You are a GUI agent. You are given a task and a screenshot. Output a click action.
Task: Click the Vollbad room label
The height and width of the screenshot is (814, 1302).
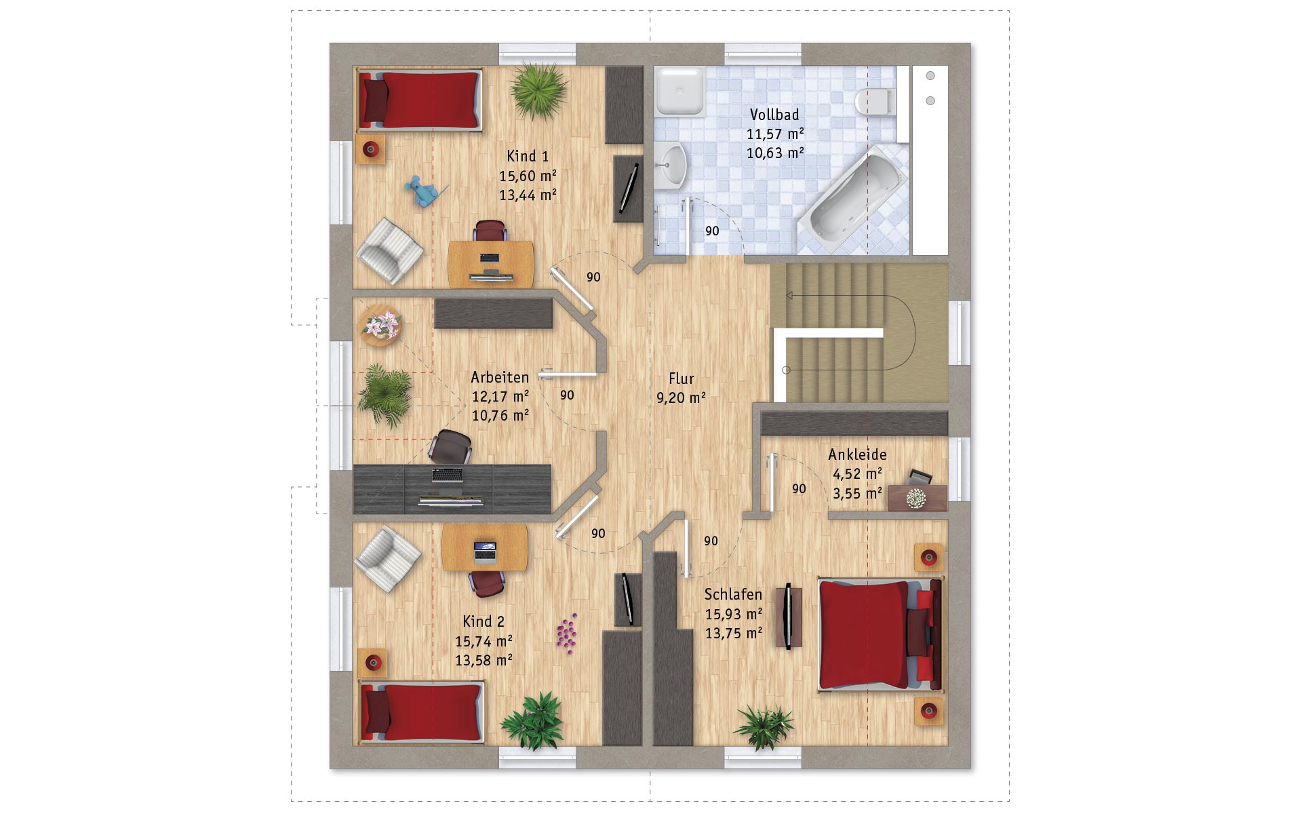pyautogui.click(x=774, y=115)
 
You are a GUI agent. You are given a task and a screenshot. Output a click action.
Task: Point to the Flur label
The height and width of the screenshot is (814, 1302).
pyautogui.click(x=682, y=379)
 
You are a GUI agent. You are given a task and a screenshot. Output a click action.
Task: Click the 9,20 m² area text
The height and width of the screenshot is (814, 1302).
pyautogui.click(x=681, y=398)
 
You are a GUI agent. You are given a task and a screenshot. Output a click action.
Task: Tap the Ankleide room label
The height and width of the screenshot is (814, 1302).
pyautogui.click(x=857, y=454)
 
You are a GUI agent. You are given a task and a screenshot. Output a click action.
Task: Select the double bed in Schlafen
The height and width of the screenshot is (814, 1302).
pyautogui.click(x=880, y=634)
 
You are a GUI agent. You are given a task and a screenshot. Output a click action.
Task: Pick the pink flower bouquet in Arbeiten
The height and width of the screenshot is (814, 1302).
pyautogui.click(x=380, y=324)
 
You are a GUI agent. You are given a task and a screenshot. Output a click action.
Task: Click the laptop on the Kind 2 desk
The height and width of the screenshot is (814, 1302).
pyautogui.click(x=484, y=552)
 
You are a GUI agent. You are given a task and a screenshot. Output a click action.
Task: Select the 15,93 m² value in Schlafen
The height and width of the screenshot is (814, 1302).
pyautogui.click(x=734, y=615)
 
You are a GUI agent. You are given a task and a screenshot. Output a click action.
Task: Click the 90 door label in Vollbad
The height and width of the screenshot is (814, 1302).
pyautogui.click(x=712, y=231)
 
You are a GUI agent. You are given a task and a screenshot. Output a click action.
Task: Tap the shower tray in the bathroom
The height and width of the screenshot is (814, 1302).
pyautogui.click(x=680, y=91)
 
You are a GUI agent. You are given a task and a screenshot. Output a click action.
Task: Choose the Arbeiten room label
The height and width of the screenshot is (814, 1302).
pyautogui.click(x=500, y=377)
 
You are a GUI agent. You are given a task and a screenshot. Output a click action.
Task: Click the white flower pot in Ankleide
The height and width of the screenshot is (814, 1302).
pyautogui.click(x=916, y=498)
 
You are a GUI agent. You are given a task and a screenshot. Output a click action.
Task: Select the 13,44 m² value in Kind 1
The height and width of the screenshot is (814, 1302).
pyautogui.click(x=528, y=195)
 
